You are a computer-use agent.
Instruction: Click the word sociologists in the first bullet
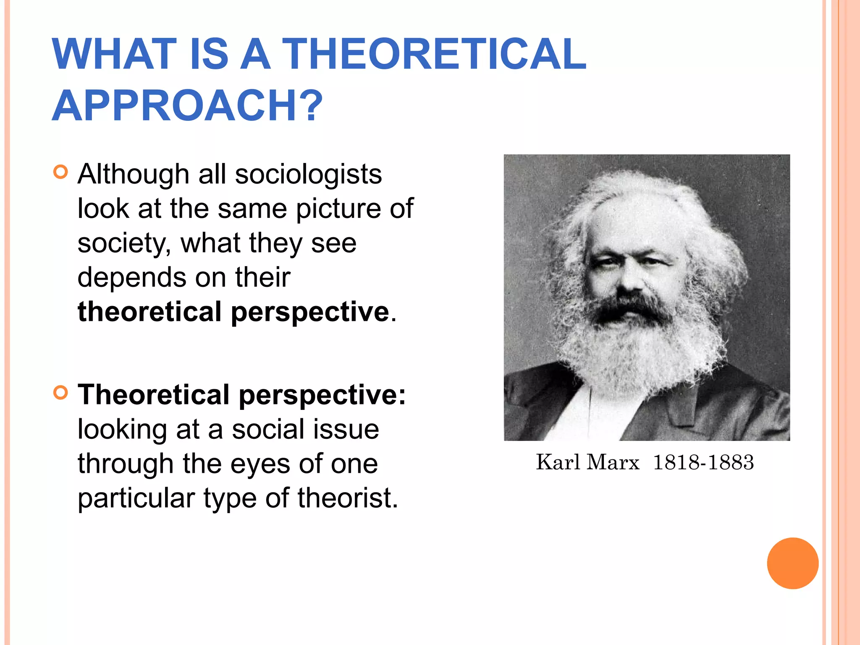[x=308, y=174]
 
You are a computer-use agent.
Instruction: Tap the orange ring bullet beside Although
[x=61, y=172]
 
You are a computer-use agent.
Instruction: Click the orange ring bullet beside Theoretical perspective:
[x=61, y=393]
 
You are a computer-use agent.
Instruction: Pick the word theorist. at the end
[x=348, y=498]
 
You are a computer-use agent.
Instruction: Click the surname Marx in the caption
[x=613, y=462]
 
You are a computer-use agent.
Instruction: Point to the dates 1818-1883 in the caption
[x=703, y=462]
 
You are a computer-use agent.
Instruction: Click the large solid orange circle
[x=792, y=563]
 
